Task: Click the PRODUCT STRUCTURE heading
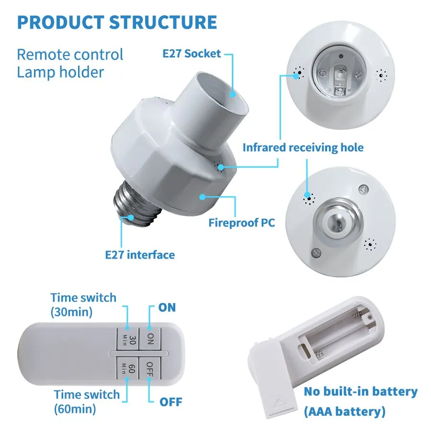[117, 23]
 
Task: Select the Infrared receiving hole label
[303, 147]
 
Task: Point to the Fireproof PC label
[242, 223]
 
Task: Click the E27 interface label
[140, 254]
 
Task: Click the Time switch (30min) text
[83, 305]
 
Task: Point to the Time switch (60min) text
[86, 401]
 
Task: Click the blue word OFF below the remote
[170, 401]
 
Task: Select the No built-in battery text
[361, 391]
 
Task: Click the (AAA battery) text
[345, 411]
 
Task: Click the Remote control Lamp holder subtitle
[70, 63]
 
